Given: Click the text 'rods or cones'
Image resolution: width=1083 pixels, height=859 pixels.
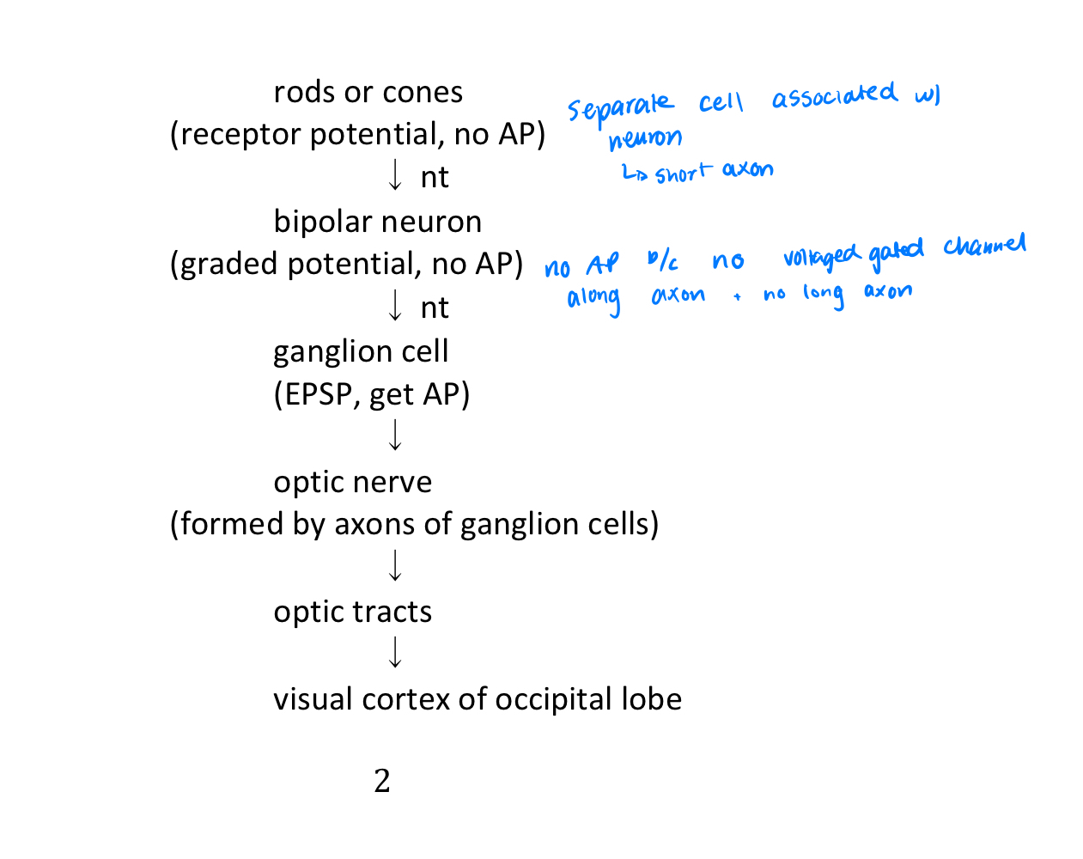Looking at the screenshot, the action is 368,92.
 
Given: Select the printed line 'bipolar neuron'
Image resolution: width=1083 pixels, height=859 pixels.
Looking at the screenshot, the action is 377,222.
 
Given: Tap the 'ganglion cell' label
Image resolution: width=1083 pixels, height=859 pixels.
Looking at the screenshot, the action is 361,351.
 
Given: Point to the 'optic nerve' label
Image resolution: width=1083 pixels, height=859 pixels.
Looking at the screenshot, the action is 352,482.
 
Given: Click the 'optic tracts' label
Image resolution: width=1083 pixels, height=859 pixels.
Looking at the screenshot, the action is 352,612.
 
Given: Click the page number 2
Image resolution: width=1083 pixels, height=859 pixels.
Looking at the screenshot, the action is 382,781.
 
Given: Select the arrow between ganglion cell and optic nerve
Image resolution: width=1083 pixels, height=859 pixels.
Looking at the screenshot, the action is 395,436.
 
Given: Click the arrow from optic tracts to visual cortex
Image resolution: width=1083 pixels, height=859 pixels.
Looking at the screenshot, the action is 395,653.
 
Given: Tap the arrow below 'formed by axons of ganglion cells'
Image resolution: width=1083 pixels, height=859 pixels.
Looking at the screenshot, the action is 395,566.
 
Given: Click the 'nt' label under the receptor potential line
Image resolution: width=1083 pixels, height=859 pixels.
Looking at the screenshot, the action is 435,178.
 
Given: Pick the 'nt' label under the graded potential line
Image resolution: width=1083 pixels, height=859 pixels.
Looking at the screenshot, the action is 435,308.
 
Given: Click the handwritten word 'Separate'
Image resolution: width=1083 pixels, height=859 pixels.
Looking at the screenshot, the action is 619,108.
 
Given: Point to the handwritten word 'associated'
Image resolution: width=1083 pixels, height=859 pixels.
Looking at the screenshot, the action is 833,95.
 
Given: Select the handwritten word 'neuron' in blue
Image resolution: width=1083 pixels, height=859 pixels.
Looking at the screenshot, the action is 645,138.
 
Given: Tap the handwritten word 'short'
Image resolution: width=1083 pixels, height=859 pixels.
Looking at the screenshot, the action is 683,174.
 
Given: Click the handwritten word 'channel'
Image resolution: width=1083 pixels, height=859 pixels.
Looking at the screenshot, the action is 984,247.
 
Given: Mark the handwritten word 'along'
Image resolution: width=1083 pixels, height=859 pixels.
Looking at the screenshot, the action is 593,299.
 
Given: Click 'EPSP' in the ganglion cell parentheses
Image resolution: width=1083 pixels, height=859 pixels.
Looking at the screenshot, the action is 318,394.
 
